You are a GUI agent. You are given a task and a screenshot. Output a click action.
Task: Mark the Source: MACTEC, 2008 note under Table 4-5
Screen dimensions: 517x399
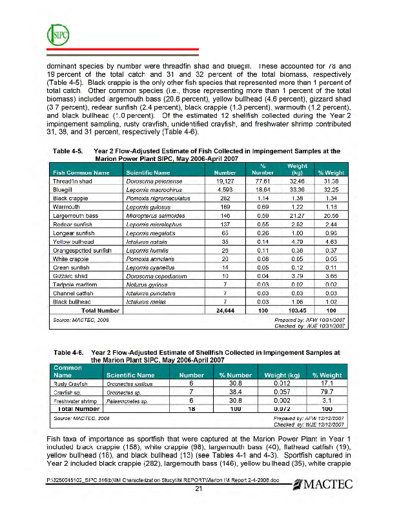point(80,319)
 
